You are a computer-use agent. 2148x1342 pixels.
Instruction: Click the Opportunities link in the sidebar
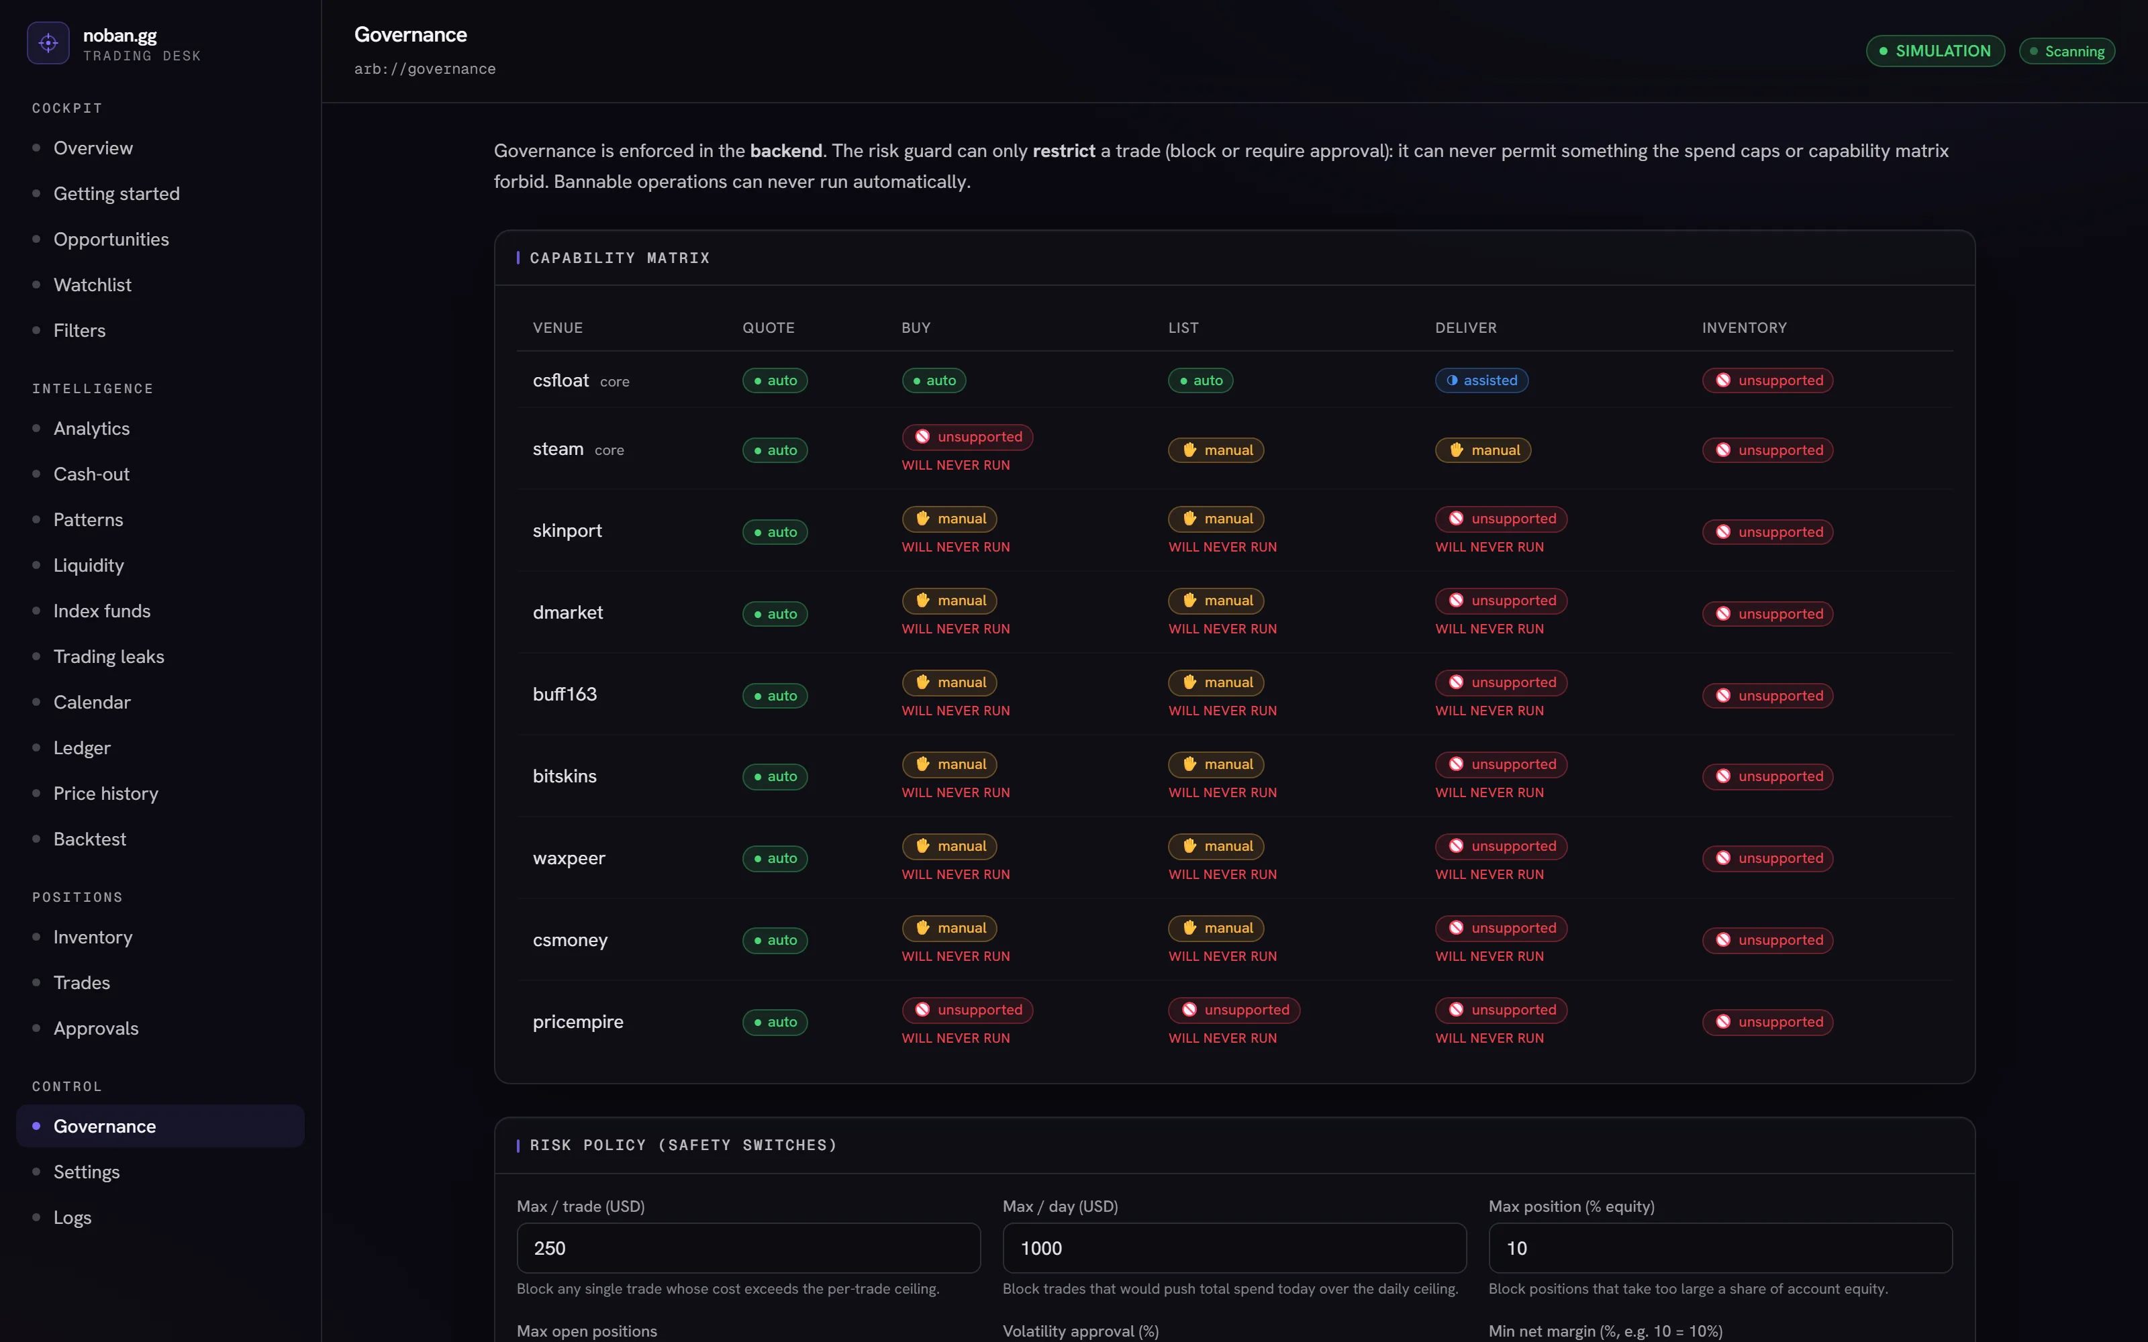[x=111, y=239]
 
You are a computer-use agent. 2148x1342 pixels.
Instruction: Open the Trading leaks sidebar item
[x=108, y=656]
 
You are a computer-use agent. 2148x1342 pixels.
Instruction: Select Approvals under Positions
[x=96, y=1028]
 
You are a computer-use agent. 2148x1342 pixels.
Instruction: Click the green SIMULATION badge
[x=1935, y=50]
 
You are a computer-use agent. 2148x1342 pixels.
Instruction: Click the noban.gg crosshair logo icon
[x=48, y=42]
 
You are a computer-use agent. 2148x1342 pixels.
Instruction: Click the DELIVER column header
[x=1465, y=327]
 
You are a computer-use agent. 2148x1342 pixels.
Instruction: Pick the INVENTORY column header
[x=1744, y=327]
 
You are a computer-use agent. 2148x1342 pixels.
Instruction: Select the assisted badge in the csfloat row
[x=1481, y=380]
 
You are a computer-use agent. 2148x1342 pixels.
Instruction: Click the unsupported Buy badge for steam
[x=967, y=437]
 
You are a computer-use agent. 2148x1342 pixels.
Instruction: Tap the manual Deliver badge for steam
[x=1483, y=450]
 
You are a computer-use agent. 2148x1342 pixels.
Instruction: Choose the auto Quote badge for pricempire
[x=775, y=1021]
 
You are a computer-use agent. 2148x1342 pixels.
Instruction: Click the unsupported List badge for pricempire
[x=1234, y=1009]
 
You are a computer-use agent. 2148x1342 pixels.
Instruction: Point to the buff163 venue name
[x=565, y=694]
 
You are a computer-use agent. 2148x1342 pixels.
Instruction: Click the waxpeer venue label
[x=569, y=858]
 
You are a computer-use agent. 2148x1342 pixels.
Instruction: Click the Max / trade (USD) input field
[x=748, y=1248]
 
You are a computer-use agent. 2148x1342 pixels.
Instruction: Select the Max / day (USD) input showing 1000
[x=1234, y=1248]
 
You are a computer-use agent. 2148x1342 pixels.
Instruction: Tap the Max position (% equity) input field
[x=1720, y=1248]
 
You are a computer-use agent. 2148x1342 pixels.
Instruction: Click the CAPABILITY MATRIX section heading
[x=620, y=258]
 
